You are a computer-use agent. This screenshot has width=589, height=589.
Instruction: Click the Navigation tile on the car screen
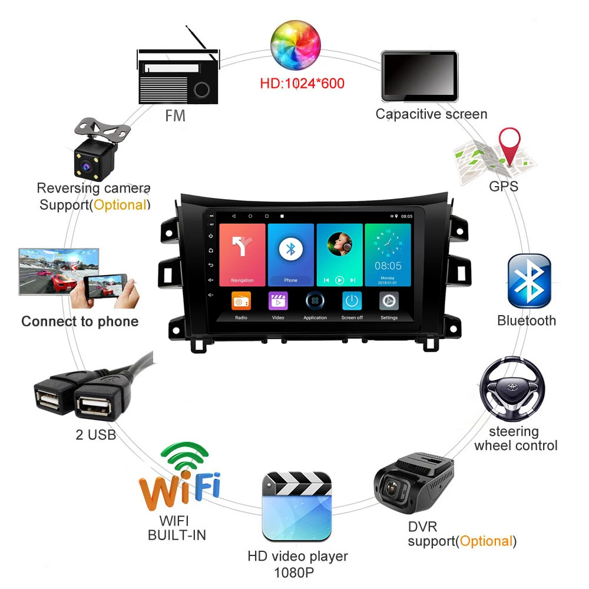(241, 254)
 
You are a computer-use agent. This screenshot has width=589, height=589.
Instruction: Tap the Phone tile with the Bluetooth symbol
(290, 254)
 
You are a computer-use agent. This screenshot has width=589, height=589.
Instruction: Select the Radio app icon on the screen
(241, 301)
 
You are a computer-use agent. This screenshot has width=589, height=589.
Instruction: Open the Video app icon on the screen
(278, 301)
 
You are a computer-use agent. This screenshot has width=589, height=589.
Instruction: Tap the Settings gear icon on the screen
(389, 301)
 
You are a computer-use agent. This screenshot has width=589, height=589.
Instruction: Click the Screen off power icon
(352, 301)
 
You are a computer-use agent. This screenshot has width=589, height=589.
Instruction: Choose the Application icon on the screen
(315, 301)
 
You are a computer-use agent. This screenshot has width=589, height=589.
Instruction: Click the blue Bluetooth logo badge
(529, 281)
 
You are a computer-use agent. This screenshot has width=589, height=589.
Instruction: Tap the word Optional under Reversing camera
(120, 205)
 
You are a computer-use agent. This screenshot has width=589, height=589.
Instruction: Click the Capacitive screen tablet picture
(419, 76)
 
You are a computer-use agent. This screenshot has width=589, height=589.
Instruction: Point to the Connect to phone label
(80, 322)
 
